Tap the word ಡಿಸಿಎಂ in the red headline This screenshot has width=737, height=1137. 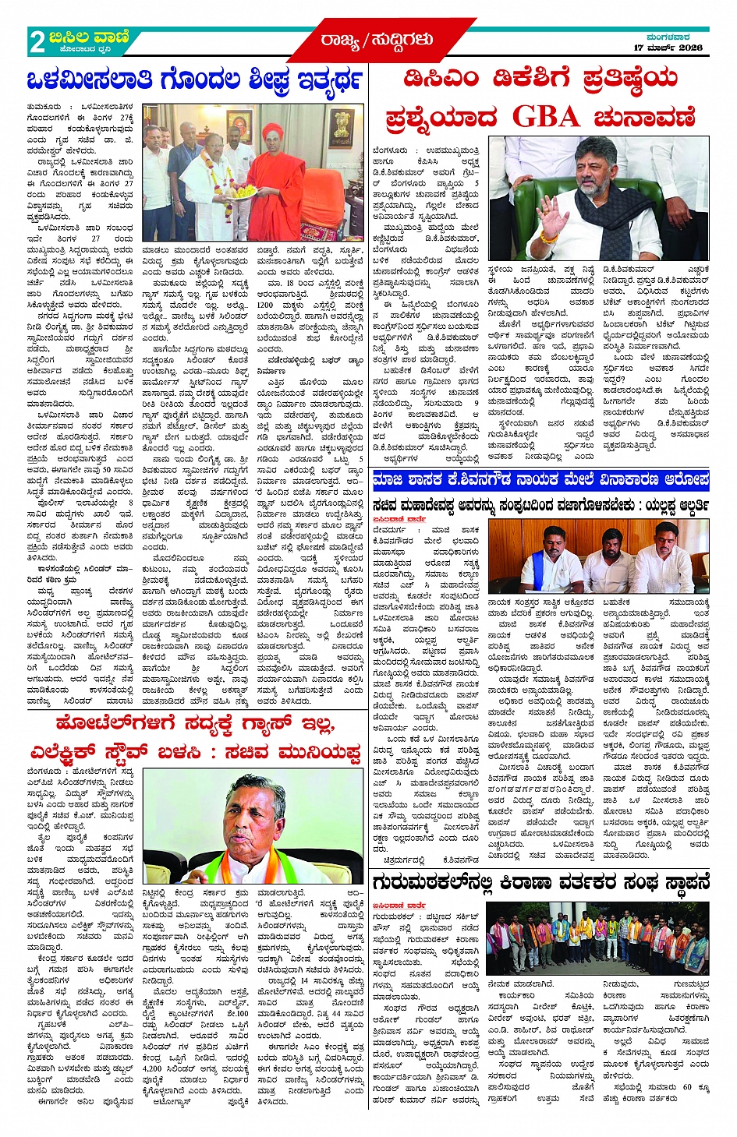click(x=443, y=79)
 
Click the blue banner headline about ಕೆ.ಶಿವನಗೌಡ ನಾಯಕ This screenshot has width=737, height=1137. click(x=540, y=478)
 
